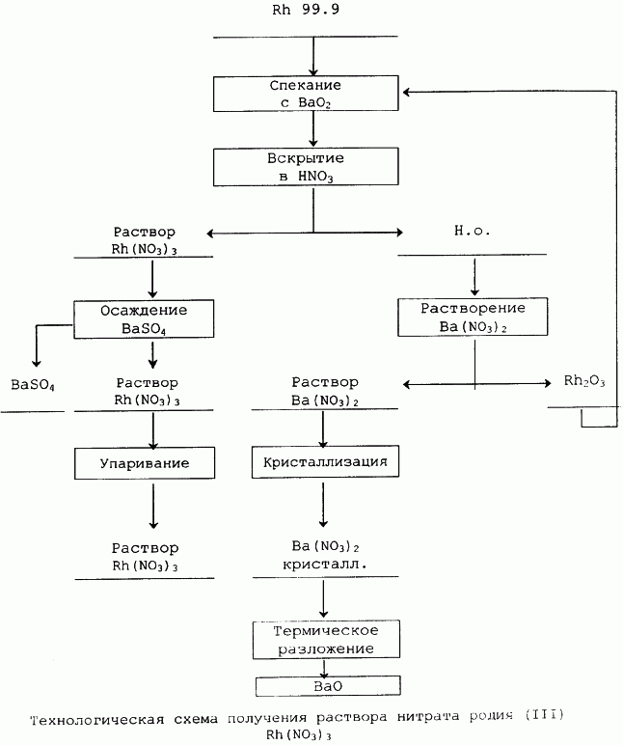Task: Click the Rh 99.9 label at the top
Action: [306, 10]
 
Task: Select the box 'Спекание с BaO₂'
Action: [306, 94]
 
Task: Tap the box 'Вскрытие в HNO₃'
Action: [306, 167]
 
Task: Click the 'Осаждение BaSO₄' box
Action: [144, 318]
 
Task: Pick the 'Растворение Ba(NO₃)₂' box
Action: [473, 317]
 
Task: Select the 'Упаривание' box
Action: [145, 463]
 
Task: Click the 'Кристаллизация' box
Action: [325, 461]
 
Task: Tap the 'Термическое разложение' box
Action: [326, 640]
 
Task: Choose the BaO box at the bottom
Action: [328, 686]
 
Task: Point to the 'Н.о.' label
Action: [472, 231]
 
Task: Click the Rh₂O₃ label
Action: [584, 381]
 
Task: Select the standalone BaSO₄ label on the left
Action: [33, 384]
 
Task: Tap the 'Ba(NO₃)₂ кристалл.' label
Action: [325, 555]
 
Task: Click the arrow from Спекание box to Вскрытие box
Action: [312, 128]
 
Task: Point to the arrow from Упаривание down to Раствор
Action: [153, 506]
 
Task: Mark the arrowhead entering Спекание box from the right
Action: [407, 92]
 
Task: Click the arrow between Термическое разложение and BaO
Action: [324, 668]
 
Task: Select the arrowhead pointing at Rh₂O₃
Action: [547, 383]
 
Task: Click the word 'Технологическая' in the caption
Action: [96, 719]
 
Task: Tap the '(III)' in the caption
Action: [544, 714]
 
